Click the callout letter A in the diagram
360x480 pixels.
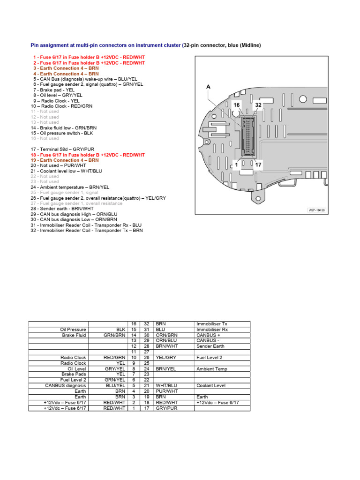[x=208, y=87]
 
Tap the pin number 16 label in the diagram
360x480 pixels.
[x=237, y=105]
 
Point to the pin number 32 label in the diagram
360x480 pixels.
[x=258, y=105]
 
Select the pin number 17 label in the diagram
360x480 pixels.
[x=258, y=165]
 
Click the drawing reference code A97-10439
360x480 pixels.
[x=317, y=210]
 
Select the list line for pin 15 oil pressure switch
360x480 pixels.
[x=62, y=133]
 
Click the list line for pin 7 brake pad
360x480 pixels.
[x=54, y=90]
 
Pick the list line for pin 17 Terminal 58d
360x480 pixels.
[x=59, y=150]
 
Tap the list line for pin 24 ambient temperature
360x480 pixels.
[x=70, y=187]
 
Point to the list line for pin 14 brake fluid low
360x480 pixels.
[x=64, y=128]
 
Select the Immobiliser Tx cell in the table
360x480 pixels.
[x=212, y=324]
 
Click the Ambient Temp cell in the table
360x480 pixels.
[x=212, y=369]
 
